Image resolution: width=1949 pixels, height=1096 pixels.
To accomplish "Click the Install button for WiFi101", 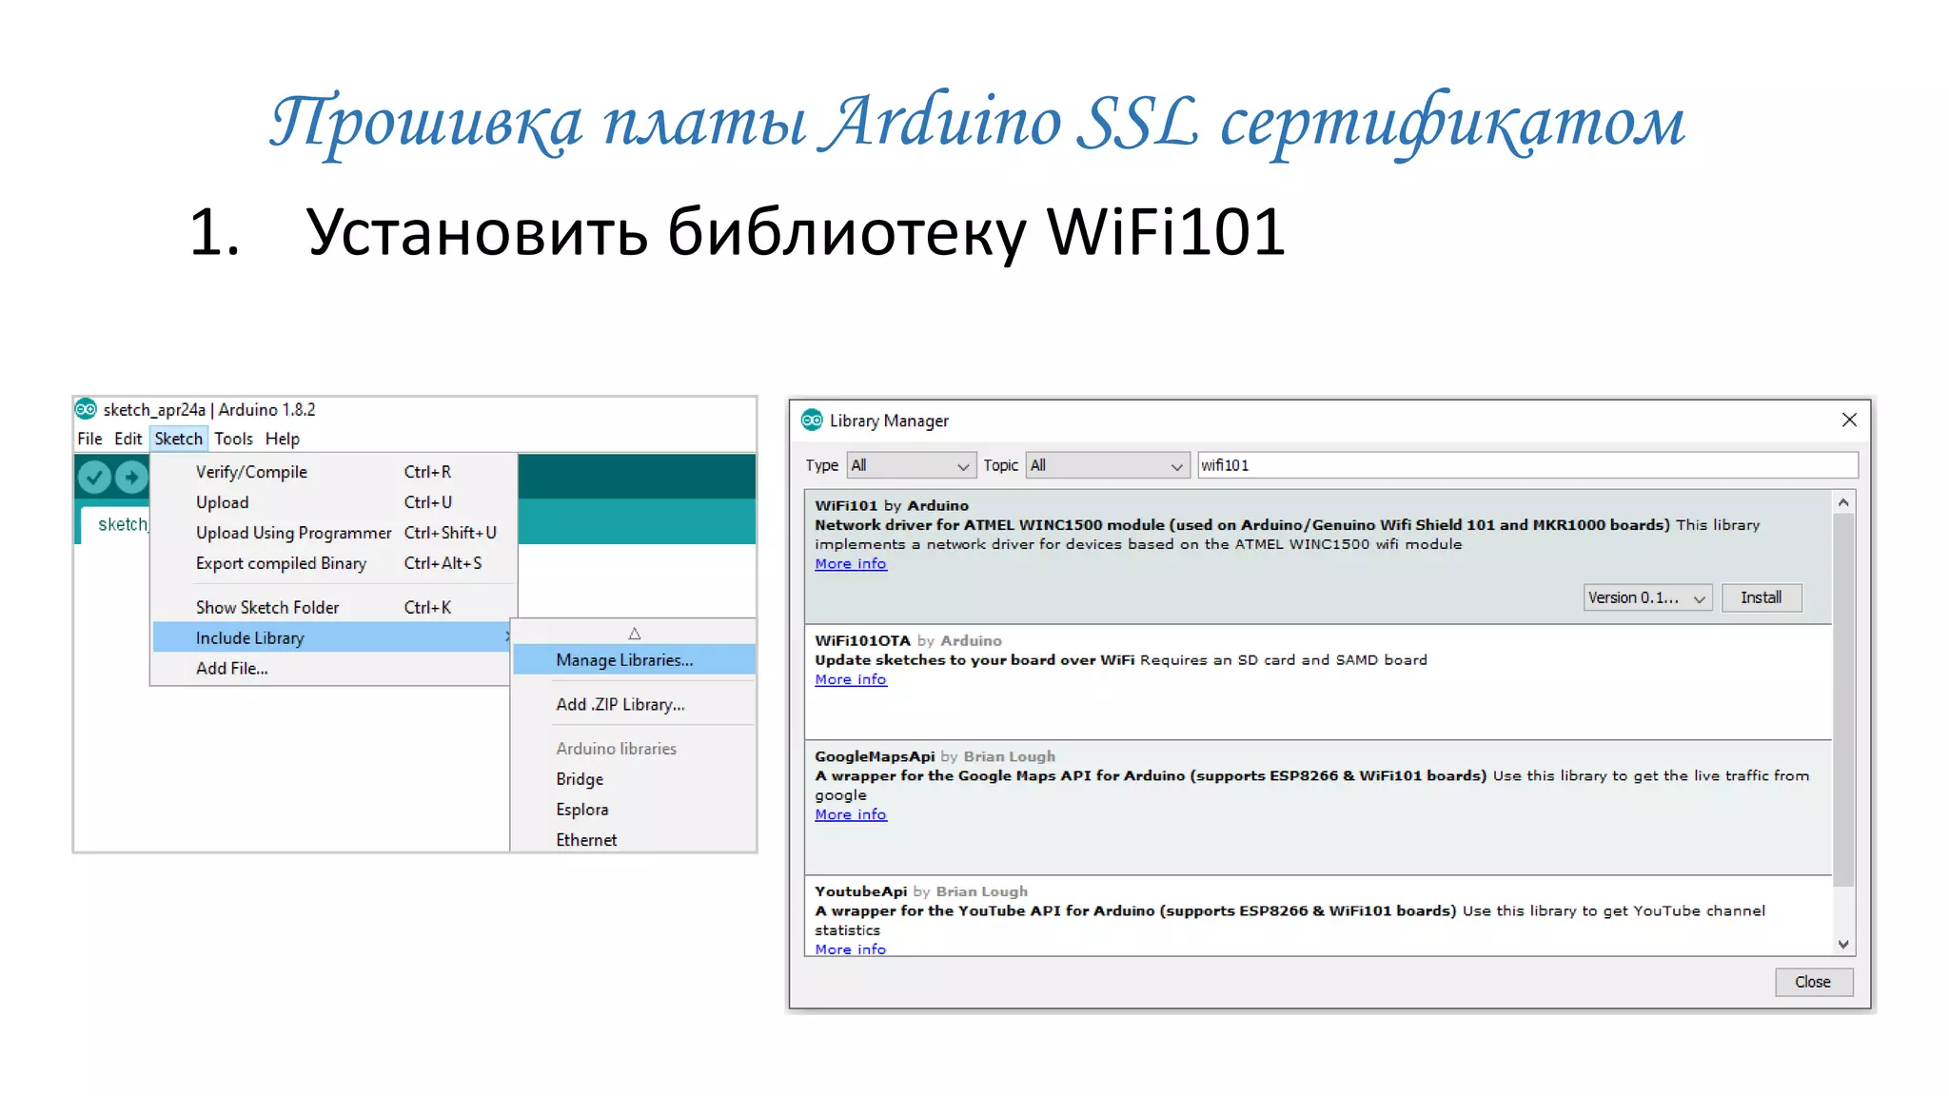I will point(1761,597).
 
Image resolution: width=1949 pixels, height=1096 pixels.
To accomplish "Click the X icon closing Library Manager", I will point(1849,420).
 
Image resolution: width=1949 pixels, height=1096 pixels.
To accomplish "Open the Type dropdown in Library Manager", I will point(911,465).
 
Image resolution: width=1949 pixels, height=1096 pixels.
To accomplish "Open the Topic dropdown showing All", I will point(1108,465).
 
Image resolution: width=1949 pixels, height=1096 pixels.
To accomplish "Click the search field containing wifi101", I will point(1526,465).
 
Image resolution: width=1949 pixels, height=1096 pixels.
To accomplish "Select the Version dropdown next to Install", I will point(1646,597).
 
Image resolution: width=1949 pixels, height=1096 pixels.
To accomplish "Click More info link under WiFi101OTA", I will point(850,679).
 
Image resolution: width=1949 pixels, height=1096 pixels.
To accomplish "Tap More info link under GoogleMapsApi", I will point(850,814).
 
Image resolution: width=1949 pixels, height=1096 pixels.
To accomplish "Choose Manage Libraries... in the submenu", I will point(624,659).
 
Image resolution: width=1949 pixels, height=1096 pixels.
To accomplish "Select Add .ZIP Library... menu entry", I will point(620,704).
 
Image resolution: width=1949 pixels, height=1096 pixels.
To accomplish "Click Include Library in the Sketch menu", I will point(250,637).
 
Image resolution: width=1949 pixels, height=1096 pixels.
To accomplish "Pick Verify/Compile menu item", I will point(251,472).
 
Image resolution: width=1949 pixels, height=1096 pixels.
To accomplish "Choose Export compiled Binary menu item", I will point(281,563).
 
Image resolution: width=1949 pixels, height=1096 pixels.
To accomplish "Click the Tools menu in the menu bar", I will point(233,439).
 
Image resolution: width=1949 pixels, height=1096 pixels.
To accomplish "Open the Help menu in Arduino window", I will point(282,439).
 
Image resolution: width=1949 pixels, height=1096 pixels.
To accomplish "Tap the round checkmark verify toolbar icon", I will point(94,476).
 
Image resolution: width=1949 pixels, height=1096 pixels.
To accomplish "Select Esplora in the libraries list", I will point(581,810).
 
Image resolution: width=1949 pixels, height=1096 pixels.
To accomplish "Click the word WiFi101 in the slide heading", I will point(1165,232).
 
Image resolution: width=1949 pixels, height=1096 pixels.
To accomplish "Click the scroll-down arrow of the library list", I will point(1843,944).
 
